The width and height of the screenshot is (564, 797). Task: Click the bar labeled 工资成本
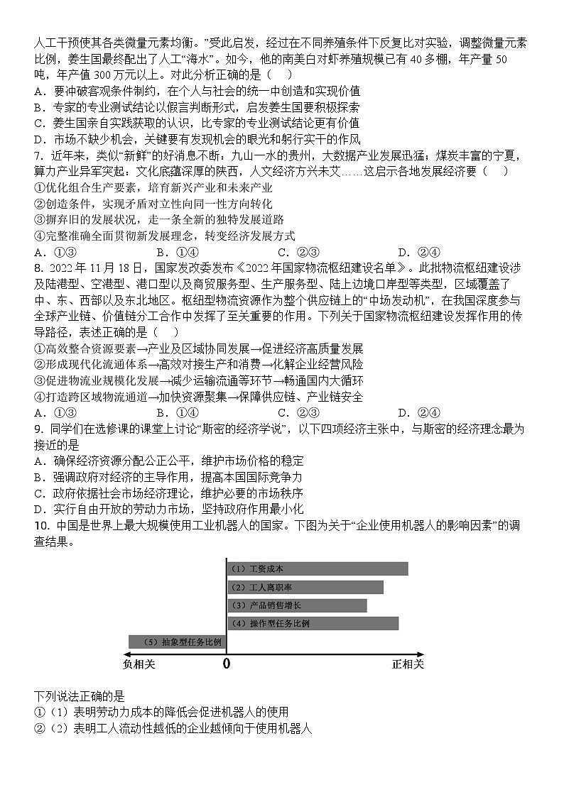tap(317, 568)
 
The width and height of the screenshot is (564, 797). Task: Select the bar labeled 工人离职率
tap(305, 587)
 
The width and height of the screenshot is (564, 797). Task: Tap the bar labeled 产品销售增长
tap(296, 605)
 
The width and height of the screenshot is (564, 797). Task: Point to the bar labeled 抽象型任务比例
tap(175, 642)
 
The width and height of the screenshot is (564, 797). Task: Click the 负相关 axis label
tap(139, 664)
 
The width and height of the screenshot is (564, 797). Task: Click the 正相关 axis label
tap(407, 664)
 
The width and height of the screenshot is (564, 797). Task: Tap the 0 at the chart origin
tap(227, 664)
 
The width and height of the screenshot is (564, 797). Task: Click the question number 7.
tap(37, 155)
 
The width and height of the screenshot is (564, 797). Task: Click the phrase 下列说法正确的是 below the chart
tap(79, 697)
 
